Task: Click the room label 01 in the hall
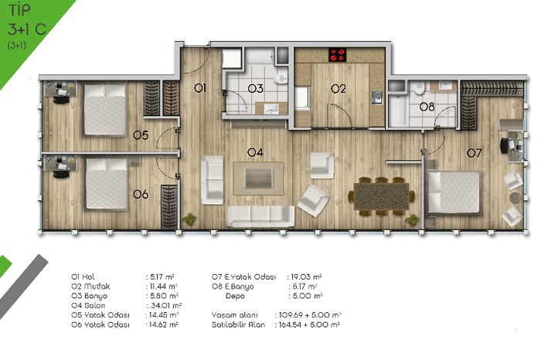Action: (x=200, y=88)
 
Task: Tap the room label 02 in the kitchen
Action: (x=339, y=89)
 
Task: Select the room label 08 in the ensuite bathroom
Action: (x=427, y=107)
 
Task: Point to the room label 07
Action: (x=474, y=153)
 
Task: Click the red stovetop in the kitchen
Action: (x=338, y=55)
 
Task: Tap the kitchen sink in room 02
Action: (x=376, y=97)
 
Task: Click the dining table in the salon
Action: (x=381, y=196)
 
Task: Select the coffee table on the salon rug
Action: (x=259, y=178)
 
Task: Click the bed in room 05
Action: (x=105, y=109)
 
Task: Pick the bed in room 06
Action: (x=107, y=183)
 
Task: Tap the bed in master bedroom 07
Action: (x=454, y=192)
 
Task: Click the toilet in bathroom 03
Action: (x=281, y=80)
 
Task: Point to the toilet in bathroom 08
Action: (x=419, y=88)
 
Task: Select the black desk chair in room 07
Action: (x=505, y=146)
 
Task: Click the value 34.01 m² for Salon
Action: (x=166, y=305)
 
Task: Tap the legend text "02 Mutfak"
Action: (x=90, y=286)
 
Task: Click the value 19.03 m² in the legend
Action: (x=306, y=277)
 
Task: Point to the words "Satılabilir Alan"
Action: (x=238, y=324)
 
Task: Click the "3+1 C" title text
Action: (x=27, y=29)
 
